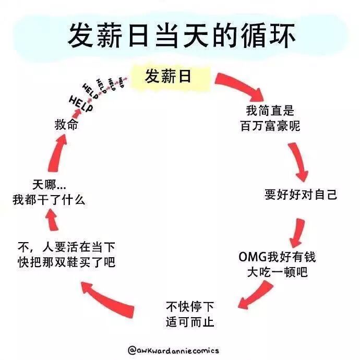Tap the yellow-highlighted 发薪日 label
(168, 77)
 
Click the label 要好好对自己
(301, 195)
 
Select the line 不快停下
(190, 306)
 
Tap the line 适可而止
(190, 321)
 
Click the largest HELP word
(81, 105)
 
